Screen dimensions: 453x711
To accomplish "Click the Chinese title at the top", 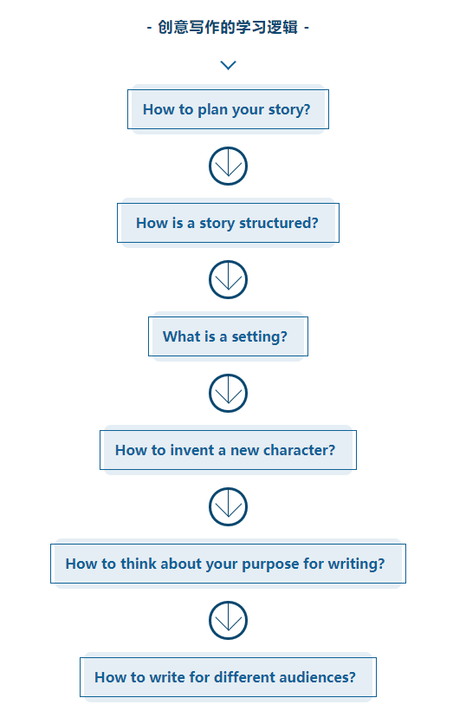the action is pyautogui.click(x=228, y=27).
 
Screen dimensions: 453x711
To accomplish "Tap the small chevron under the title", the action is pyautogui.click(x=228, y=65).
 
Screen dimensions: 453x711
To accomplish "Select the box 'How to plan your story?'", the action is pyautogui.click(x=228, y=109).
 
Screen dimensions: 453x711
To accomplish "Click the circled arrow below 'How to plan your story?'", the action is pyautogui.click(x=228, y=166).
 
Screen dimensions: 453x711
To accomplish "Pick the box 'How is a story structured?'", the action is pyautogui.click(x=228, y=223).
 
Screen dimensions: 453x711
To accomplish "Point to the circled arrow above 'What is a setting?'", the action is pyautogui.click(x=228, y=279).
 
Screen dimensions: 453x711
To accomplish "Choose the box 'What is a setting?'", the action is pyautogui.click(x=228, y=336).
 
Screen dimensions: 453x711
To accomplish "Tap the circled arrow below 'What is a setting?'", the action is pyautogui.click(x=228, y=393).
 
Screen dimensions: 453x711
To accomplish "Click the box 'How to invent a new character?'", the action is pyautogui.click(x=228, y=450).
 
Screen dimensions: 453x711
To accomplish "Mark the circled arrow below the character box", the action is pyautogui.click(x=228, y=506).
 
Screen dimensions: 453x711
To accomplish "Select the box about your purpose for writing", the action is pyautogui.click(x=228, y=564).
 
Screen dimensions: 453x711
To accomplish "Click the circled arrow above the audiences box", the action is pyautogui.click(x=228, y=620).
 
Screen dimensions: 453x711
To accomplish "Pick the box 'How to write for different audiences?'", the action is pyautogui.click(x=228, y=677).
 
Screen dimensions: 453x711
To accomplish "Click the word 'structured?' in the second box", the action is pyautogui.click(x=279, y=223).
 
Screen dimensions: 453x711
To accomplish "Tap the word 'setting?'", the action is pyautogui.click(x=260, y=337).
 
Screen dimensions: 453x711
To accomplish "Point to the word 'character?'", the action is pyautogui.click(x=299, y=450).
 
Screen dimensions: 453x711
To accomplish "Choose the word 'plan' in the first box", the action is pyautogui.click(x=212, y=110).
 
